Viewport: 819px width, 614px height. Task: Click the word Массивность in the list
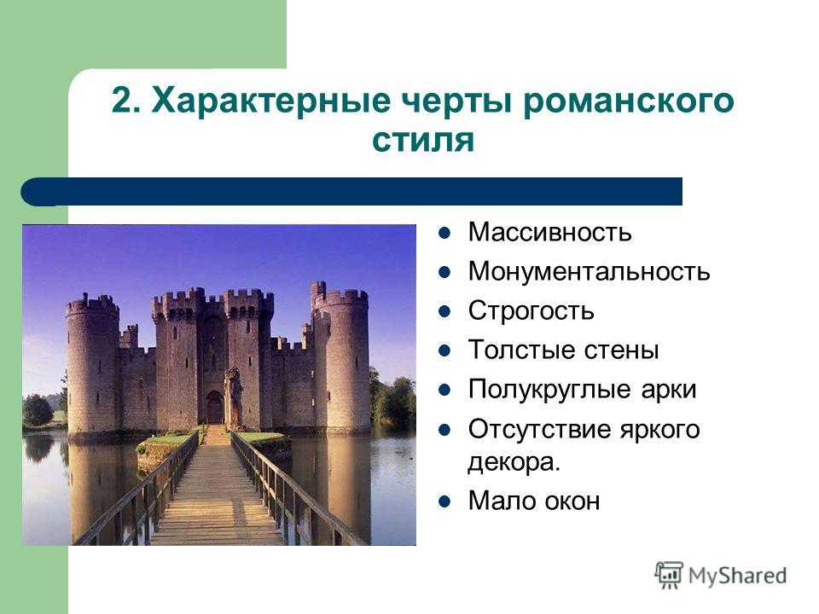(x=549, y=232)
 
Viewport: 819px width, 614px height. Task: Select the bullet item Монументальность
(x=589, y=271)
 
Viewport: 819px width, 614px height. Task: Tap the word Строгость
(x=531, y=310)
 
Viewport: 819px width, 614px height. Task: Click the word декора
(x=514, y=461)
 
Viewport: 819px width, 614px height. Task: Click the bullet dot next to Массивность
(x=444, y=233)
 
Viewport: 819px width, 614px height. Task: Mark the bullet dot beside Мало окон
(x=444, y=501)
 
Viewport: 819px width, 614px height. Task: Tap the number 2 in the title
(x=119, y=101)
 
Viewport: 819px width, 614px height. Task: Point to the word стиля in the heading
(x=423, y=140)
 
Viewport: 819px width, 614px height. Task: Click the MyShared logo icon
(x=669, y=576)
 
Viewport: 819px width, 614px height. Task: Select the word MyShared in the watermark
(x=737, y=576)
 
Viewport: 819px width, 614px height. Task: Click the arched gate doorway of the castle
(x=215, y=408)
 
